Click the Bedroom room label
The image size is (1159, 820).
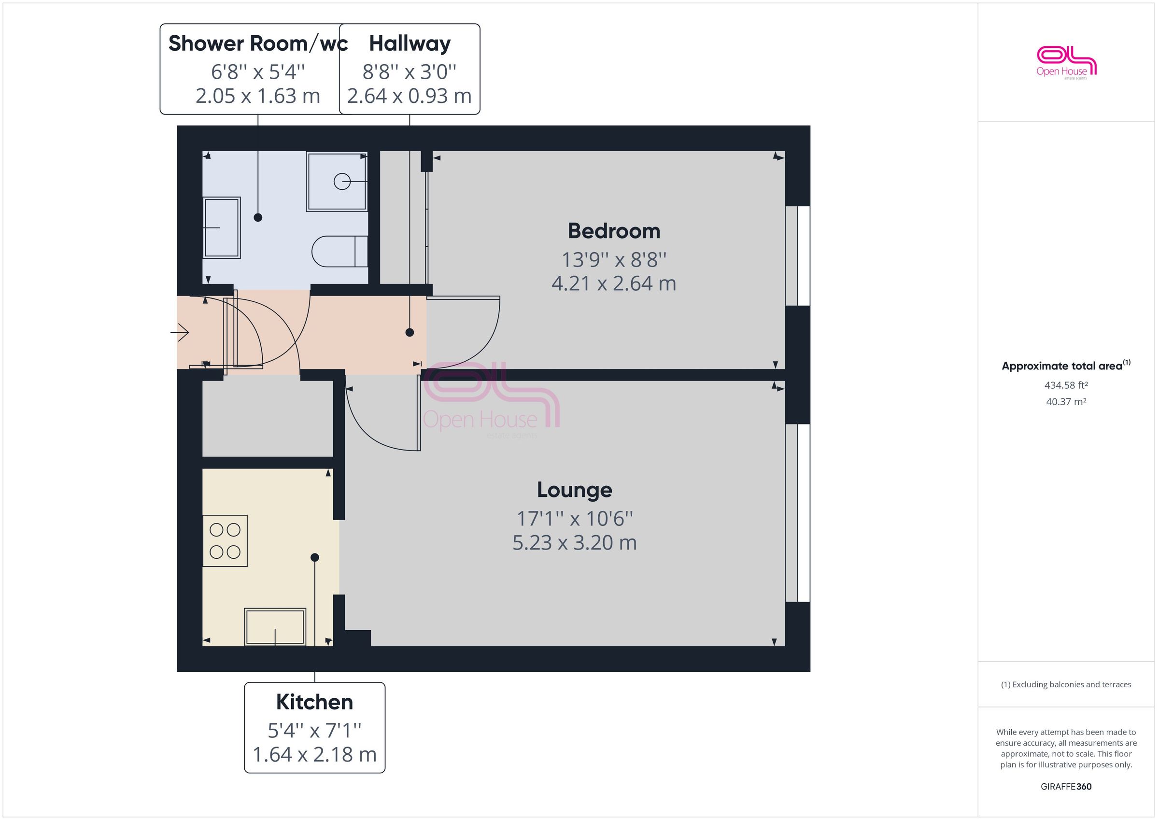[614, 231]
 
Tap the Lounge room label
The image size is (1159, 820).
[575, 490]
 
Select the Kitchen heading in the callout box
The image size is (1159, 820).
[314, 702]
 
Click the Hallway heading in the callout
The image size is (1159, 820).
[410, 43]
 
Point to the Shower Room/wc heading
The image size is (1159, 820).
[258, 43]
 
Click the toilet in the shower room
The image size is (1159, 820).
[339, 251]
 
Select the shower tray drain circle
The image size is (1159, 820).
[342, 181]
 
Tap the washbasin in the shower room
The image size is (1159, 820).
[222, 228]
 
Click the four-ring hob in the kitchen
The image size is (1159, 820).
[225, 541]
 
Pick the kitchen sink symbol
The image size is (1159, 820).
[275, 627]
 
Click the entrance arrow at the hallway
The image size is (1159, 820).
[180, 332]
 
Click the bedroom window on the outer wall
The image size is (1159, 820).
[798, 255]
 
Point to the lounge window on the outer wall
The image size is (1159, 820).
[798, 512]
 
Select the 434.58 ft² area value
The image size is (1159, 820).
[1066, 385]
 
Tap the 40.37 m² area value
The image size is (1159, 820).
[1066, 402]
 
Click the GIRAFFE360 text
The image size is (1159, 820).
[1066, 786]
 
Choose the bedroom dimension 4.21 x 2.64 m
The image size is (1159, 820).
[614, 284]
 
